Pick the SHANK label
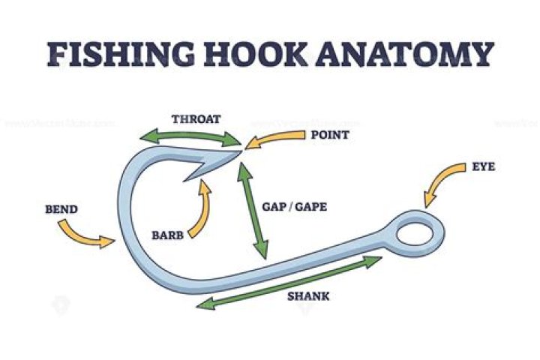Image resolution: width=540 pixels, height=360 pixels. [x=308, y=296]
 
